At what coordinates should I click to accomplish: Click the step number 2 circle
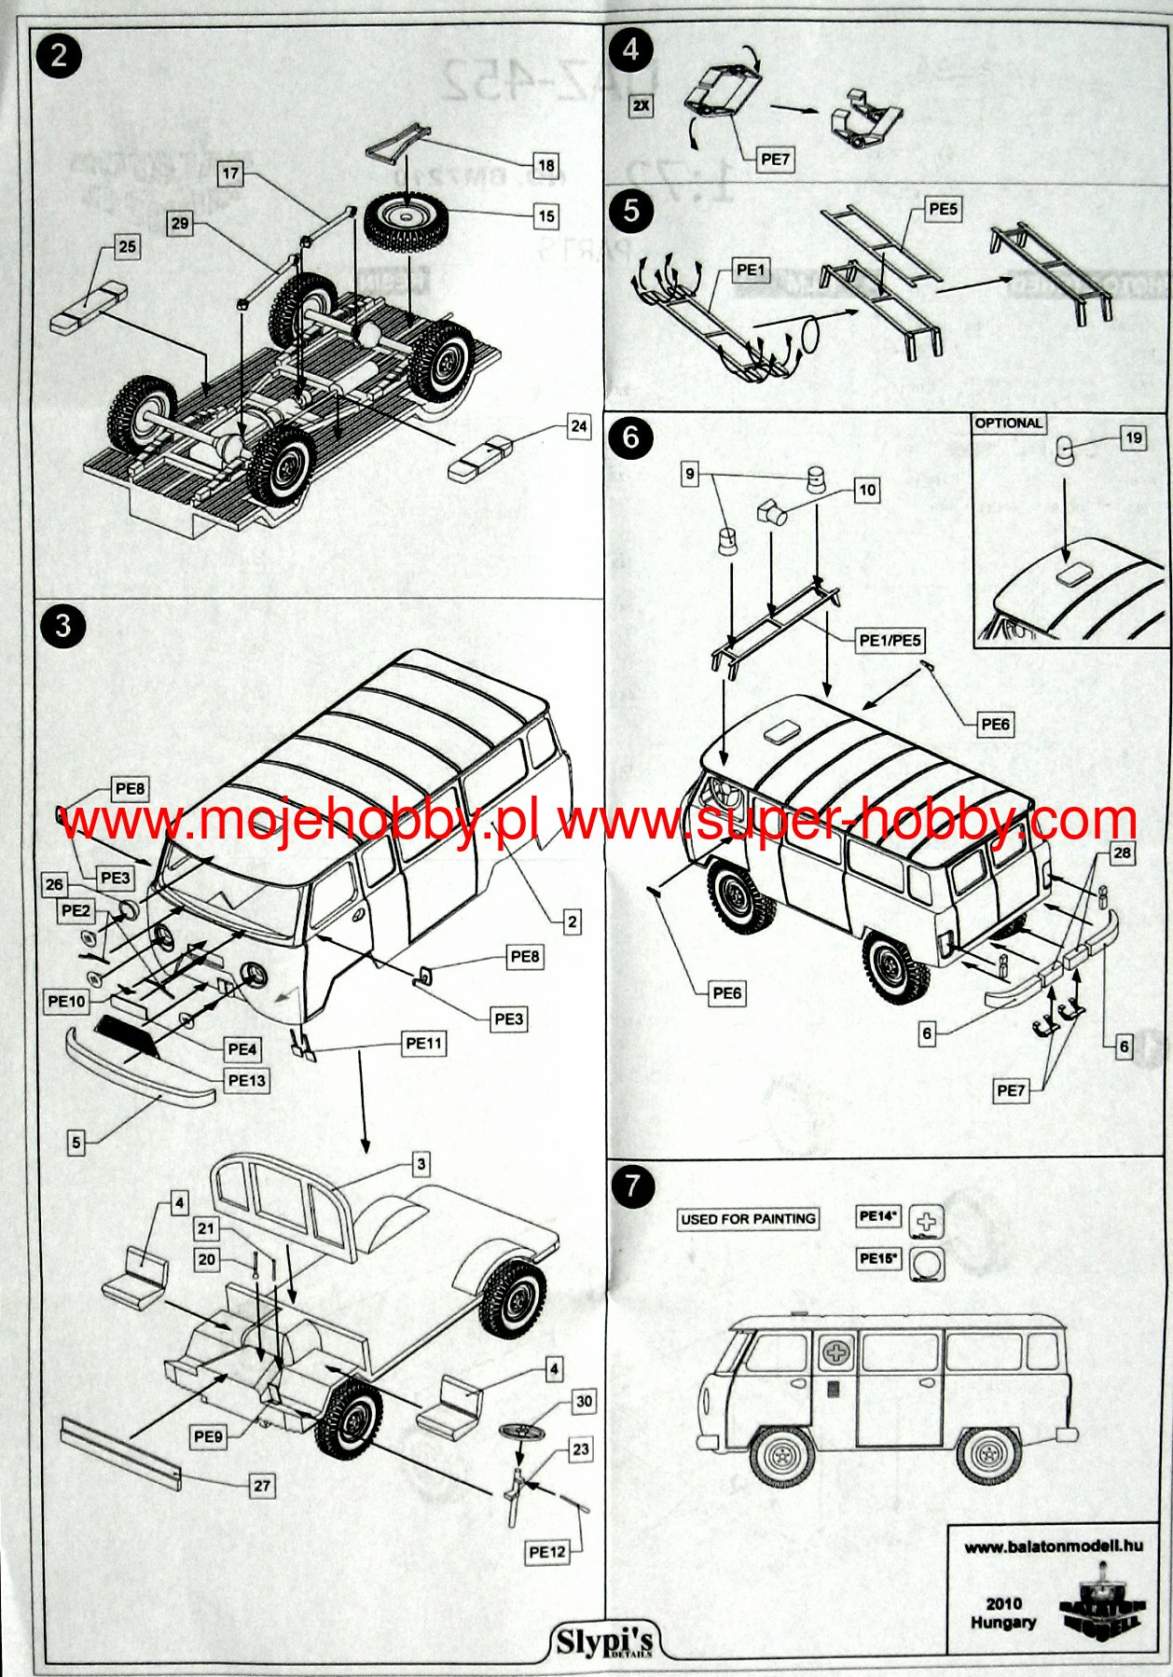[x=59, y=56]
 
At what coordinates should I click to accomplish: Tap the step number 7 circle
[x=633, y=1186]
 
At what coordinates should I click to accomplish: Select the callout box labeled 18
[x=546, y=166]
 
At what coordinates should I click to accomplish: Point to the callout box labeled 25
[x=127, y=247]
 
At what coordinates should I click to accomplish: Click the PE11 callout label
[x=424, y=1044]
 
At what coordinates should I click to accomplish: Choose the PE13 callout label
[x=246, y=1080]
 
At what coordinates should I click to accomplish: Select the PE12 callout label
[x=547, y=1552]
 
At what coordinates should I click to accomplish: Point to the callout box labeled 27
[x=263, y=1486]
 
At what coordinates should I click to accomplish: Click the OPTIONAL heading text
[x=1008, y=423]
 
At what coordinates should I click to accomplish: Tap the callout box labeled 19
[x=1133, y=437]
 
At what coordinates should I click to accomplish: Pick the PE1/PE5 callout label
[x=890, y=641]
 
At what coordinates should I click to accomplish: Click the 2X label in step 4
[x=642, y=106]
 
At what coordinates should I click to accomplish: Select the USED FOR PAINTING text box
[x=748, y=1219]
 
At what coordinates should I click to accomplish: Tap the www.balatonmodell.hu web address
[x=1054, y=1546]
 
